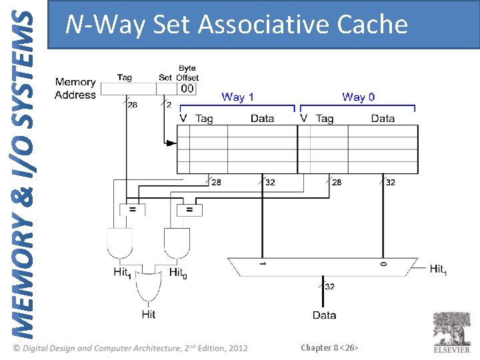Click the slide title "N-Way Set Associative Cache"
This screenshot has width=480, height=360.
point(236,25)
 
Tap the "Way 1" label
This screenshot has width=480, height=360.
point(237,97)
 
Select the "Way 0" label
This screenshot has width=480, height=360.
point(358,97)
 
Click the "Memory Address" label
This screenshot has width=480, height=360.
point(75,89)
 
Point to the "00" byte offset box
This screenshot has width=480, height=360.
point(187,89)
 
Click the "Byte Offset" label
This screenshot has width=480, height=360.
point(187,73)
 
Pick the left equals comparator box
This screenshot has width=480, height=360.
point(133,209)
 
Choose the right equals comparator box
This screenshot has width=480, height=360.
point(190,209)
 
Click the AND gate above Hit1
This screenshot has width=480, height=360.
point(120,244)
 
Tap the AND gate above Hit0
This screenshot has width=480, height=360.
point(177,244)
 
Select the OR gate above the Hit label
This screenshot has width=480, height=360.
point(148,288)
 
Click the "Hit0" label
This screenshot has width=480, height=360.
point(177,273)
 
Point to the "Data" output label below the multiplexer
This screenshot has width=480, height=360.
point(324,315)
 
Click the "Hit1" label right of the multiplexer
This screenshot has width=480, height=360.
point(438,269)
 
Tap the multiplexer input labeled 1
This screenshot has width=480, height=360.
point(262,265)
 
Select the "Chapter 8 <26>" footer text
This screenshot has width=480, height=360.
point(329,347)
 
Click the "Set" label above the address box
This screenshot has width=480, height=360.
point(165,77)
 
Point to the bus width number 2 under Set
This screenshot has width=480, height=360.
point(169,105)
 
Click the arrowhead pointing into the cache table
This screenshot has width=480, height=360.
point(171,143)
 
